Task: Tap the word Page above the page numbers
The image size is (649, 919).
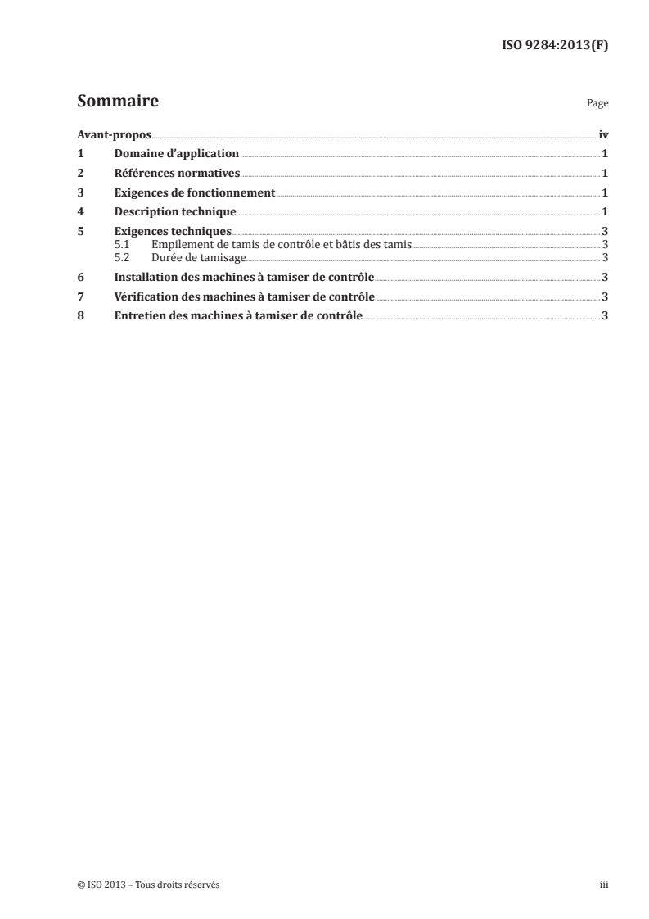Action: pos(597,104)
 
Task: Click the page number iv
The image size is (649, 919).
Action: pos(603,134)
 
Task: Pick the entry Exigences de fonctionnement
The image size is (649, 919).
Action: pos(194,192)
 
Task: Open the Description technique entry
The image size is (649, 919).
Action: pos(169,212)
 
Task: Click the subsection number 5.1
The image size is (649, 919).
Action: pos(122,244)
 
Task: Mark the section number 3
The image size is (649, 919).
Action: pos(80,192)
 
